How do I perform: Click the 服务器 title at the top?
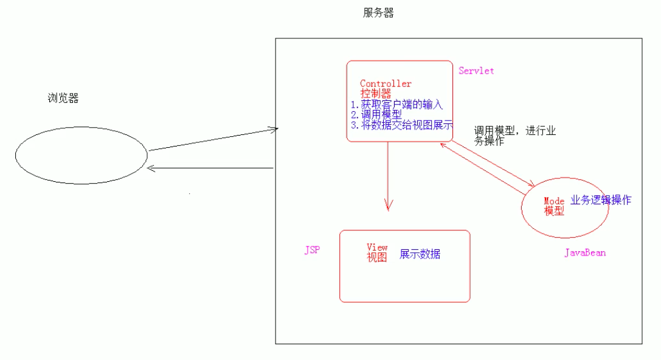[x=378, y=13]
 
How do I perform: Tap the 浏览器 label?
[x=63, y=99]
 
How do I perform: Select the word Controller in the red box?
[x=386, y=84]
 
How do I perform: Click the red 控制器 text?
[x=375, y=94]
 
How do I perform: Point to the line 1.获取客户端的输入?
[x=396, y=105]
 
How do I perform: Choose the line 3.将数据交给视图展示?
[x=402, y=125]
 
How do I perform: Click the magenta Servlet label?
[x=476, y=71]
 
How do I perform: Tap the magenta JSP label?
[x=312, y=251]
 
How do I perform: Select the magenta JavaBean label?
[x=585, y=253]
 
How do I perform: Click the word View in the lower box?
[x=377, y=247]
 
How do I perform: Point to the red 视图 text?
[x=376, y=257]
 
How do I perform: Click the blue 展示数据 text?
[x=420, y=254]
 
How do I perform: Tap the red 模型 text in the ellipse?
[x=554, y=211]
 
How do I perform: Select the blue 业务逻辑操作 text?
[x=601, y=200]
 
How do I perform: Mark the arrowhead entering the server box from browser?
[x=274, y=128]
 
